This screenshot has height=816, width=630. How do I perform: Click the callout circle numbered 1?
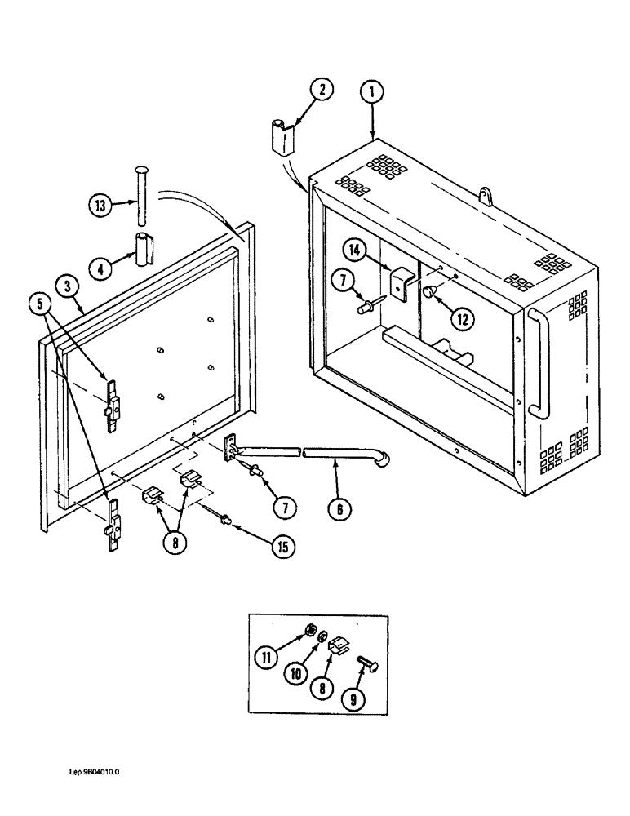click(372, 93)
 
